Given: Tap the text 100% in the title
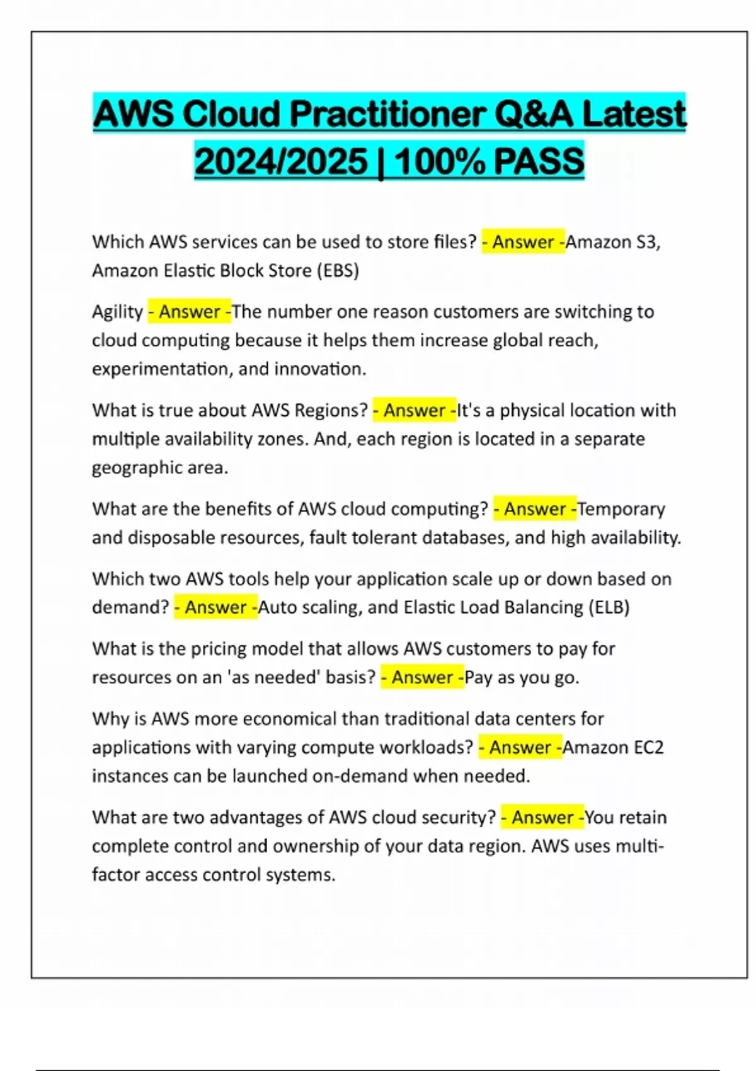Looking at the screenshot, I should tap(440, 161).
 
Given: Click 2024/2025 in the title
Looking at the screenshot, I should tap(281, 161).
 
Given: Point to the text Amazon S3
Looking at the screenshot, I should tap(612, 242).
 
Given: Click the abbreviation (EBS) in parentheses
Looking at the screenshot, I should tap(338, 271).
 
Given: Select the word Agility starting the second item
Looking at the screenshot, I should tap(117, 312).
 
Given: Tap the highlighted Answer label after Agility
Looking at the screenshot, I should tap(189, 312).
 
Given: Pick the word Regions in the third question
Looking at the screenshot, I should tap(331, 410).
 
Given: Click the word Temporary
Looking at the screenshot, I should tap(621, 509).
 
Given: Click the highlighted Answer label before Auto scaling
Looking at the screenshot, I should tap(215, 607).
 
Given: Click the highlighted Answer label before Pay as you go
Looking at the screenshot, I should tap(422, 677).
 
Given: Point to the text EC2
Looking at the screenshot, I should tap(648, 747).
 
